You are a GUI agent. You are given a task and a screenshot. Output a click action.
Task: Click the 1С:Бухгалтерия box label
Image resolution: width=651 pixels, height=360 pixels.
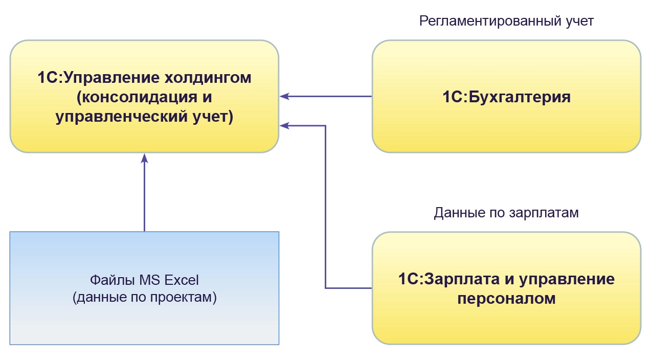point(506,97)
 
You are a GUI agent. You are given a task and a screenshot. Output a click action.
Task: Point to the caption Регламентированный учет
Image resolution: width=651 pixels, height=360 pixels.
point(506,21)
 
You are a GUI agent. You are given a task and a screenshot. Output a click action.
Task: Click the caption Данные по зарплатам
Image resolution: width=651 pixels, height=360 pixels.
point(506,213)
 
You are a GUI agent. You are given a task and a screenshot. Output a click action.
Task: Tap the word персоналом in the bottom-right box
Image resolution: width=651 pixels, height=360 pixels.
point(506,299)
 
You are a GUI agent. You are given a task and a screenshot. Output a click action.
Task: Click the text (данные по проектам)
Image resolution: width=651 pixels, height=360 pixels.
point(145,298)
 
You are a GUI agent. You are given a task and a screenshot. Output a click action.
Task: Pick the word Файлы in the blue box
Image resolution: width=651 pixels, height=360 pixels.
point(108,280)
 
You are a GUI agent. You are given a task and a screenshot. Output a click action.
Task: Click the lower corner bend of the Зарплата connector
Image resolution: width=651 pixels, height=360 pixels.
point(326,288)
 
